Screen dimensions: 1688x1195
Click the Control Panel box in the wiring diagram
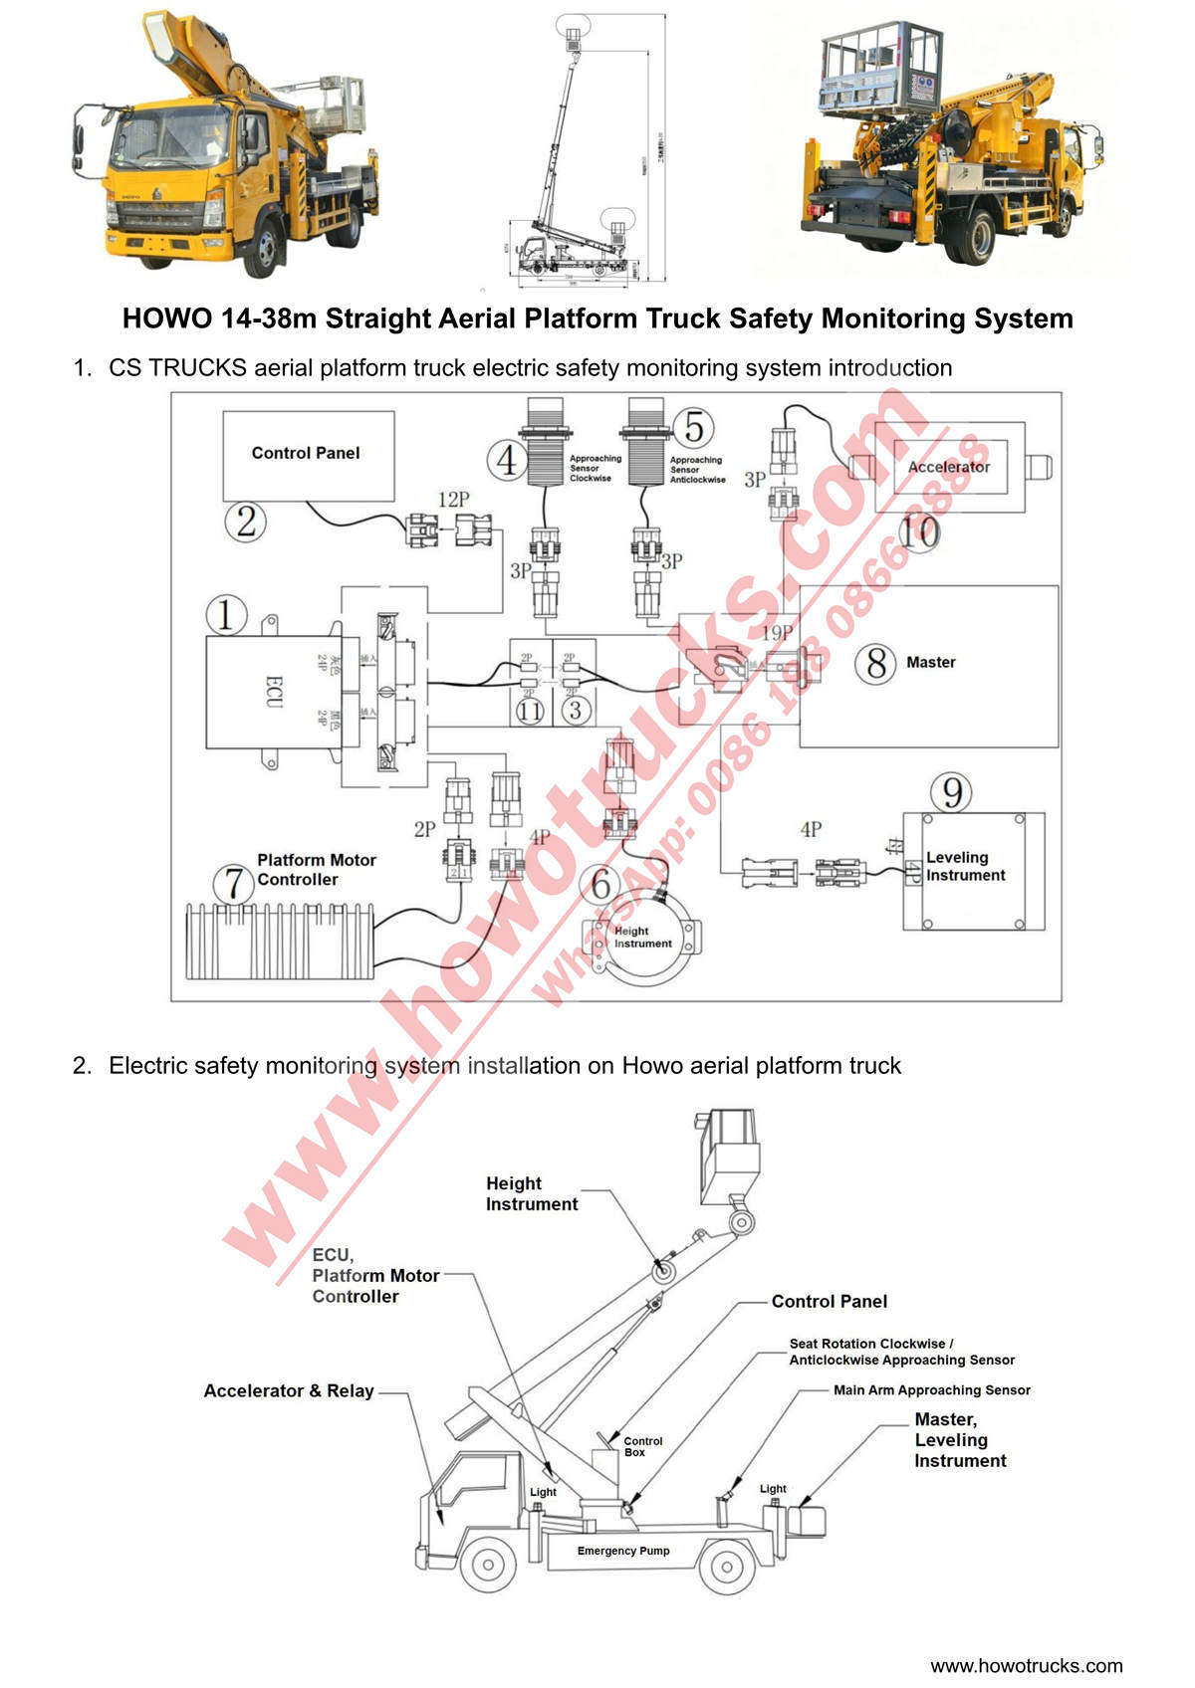click(308, 455)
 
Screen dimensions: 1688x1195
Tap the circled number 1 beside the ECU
click(226, 614)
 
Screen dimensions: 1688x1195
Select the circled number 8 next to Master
click(876, 663)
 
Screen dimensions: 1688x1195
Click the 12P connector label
click(453, 500)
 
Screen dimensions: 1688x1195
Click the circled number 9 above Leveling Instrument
click(952, 792)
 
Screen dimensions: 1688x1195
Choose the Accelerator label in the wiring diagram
click(948, 467)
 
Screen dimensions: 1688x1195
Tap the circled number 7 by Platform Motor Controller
click(235, 883)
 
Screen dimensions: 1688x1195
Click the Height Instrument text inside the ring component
click(642, 938)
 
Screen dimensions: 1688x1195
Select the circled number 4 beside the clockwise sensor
click(507, 461)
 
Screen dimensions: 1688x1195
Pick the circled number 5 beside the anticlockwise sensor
click(694, 428)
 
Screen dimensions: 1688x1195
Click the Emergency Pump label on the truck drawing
click(623, 1551)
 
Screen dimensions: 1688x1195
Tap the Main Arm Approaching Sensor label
click(931, 1390)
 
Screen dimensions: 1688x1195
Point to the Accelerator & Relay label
click(289, 1391)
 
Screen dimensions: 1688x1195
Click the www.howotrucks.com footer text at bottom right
click(1026, 1666)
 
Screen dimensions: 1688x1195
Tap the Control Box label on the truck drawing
click(642, 1446)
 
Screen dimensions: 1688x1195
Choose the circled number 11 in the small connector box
click(530, 711)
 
